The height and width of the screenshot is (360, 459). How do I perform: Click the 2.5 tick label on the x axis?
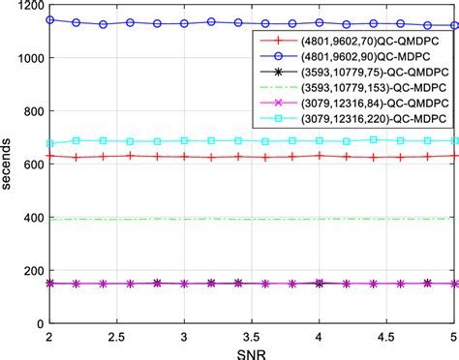116,336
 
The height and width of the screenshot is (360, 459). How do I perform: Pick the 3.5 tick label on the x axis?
252,336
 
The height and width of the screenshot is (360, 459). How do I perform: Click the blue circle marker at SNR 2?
49,19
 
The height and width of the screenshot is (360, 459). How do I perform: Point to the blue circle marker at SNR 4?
319,24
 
